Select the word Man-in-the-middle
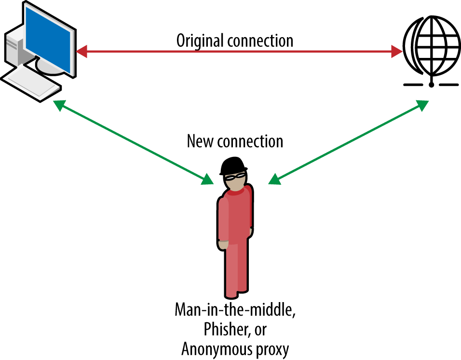point(235,310)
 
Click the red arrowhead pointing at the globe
point(396,51)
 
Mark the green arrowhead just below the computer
point(59,105)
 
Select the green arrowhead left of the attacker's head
point(208,180)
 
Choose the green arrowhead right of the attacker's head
point(274,180)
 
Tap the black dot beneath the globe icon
point(431,84)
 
